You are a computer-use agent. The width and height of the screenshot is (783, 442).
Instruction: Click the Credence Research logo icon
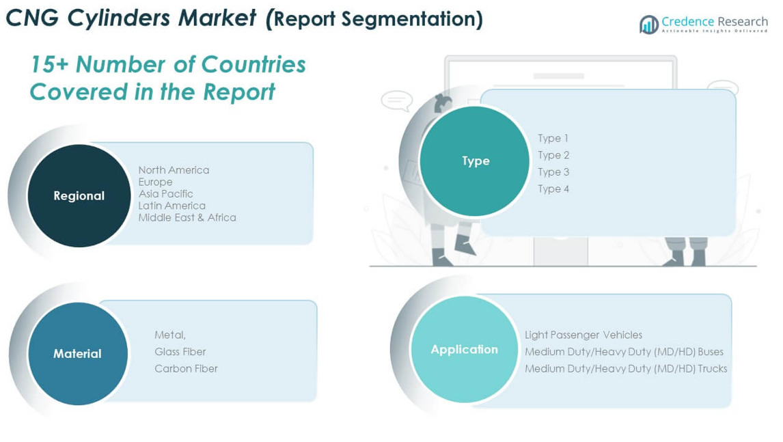tap(648, 24)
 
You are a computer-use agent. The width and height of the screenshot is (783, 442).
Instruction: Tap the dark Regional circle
tap(79, 196)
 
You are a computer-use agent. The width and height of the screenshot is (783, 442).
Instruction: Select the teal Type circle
tap(474, 161)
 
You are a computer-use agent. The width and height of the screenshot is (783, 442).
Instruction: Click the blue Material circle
tap(78, 354)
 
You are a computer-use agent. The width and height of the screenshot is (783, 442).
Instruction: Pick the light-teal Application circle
tap(465, 350)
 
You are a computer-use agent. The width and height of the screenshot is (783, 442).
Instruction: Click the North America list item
tap(174, 170)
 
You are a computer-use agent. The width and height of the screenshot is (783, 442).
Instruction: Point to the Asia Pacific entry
tap(166, 194)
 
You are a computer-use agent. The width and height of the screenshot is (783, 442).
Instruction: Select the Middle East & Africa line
tap(187, 217)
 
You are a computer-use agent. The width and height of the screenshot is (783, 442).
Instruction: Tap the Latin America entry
tap(171, 205)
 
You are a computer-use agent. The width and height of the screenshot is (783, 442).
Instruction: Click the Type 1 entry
tap(553, 139)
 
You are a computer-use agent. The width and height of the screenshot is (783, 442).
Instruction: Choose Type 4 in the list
tap(553, 189)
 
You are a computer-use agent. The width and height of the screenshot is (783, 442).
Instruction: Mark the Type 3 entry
tap(553, 171)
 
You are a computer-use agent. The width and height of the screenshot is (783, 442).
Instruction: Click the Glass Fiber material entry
tap(180, 352)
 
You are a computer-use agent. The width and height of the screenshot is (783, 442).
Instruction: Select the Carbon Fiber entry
tap(187, 369)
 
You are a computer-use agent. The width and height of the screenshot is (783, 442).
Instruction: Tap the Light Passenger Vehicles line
tap(583, 335)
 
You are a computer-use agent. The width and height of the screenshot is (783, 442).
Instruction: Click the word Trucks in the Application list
tap(713, 369)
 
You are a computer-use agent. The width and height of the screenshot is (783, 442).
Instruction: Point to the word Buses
tap(711, 352)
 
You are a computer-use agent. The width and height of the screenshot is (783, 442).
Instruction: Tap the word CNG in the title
tap(33, 18)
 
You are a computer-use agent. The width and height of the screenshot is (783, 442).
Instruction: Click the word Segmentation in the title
tap(413, 20)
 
